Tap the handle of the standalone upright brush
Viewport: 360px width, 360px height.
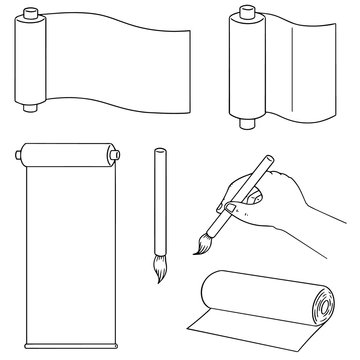point(158,190)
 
